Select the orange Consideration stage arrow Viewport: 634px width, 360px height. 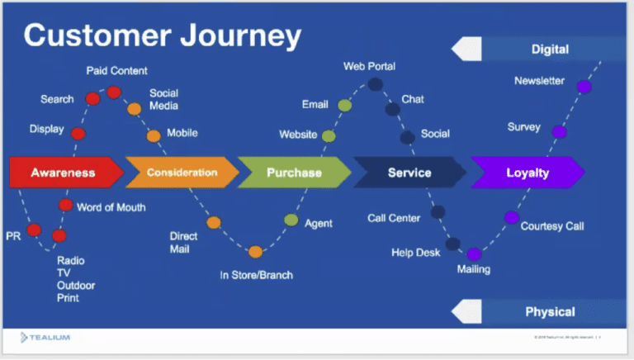[182, 173]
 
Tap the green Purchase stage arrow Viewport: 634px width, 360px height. [294, 173]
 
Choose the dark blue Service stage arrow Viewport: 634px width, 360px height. [409, 173]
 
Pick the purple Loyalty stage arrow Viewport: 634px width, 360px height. [527, 173]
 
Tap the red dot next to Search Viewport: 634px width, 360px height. [92, 99]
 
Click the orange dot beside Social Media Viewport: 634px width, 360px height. [134, 108]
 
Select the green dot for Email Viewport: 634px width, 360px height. [344, 105]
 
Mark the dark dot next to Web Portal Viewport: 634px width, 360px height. [375, 84]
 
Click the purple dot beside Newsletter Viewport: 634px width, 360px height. [584, 87]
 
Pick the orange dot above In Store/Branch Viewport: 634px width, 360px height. [255, 252]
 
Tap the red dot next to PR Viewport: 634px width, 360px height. [34, 230]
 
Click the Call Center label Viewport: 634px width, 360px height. [394, 218]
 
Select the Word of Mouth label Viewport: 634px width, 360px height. [111, 206]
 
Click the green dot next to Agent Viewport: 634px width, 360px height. [291, 220]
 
